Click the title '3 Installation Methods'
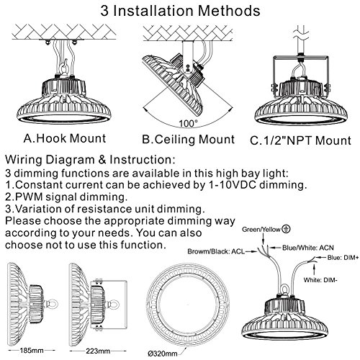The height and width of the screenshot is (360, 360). [x=180, y=11]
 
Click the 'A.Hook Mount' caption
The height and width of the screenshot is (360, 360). [x=65, y=138]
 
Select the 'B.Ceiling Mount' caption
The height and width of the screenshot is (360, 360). [x=189, y=140]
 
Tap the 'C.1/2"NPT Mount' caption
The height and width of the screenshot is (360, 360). [x=300, y=140]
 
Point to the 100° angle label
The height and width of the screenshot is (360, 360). [x=189, y=124]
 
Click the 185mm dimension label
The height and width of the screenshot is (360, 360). [x=32, y=351]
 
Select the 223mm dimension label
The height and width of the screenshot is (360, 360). [x=98, y=351]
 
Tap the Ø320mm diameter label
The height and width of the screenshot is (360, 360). [x=163, y=354]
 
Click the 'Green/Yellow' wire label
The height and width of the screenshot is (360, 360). [x=261, y=230]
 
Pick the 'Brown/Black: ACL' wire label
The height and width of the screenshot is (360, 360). [x=216, y=251]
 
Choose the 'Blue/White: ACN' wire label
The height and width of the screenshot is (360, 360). [x=308, y=248]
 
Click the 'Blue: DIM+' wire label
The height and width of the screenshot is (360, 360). [x=343, y=258]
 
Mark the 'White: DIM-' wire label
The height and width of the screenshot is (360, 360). [x=320, y=280]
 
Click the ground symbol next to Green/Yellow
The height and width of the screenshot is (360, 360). [x=286, y=229]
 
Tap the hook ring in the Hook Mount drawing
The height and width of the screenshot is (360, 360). [x=65, y=69]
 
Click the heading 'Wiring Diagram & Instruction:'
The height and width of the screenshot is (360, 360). [x=90, y=160]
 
